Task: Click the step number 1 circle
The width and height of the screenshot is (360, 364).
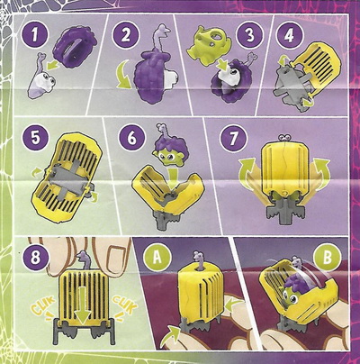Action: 35,35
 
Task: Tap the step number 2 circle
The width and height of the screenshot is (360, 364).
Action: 125,35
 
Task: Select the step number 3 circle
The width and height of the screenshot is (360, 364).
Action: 249,35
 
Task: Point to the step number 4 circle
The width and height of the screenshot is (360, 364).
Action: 289,35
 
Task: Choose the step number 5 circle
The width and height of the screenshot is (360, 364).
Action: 35,138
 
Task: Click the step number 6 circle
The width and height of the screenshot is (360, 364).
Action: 131,138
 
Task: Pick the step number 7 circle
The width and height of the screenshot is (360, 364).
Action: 233,138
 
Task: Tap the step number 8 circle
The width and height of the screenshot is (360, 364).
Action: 35,259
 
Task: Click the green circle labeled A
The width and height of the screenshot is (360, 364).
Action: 157,258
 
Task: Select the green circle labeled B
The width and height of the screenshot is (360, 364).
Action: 327,258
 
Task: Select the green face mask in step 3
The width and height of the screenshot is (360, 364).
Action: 206,45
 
